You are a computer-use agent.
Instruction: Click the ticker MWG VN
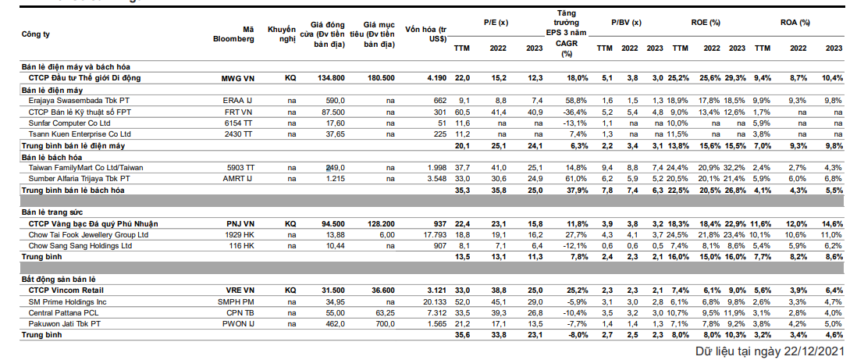(x=238, y=78)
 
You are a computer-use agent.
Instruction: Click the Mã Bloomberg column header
(x=234, y=34)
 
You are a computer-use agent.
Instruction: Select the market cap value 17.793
(x=435, y=235)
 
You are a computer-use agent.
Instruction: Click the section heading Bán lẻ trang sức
(x=52, y=212)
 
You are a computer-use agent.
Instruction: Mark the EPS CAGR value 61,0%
(x=577, y=179)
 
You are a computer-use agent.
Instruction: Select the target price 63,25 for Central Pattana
(x=385, y=313)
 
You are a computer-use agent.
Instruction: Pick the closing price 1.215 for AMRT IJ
(x=336, y=179)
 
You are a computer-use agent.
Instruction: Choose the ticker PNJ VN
(x=240, y=224)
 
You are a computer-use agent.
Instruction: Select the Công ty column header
(x=36, y=34)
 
